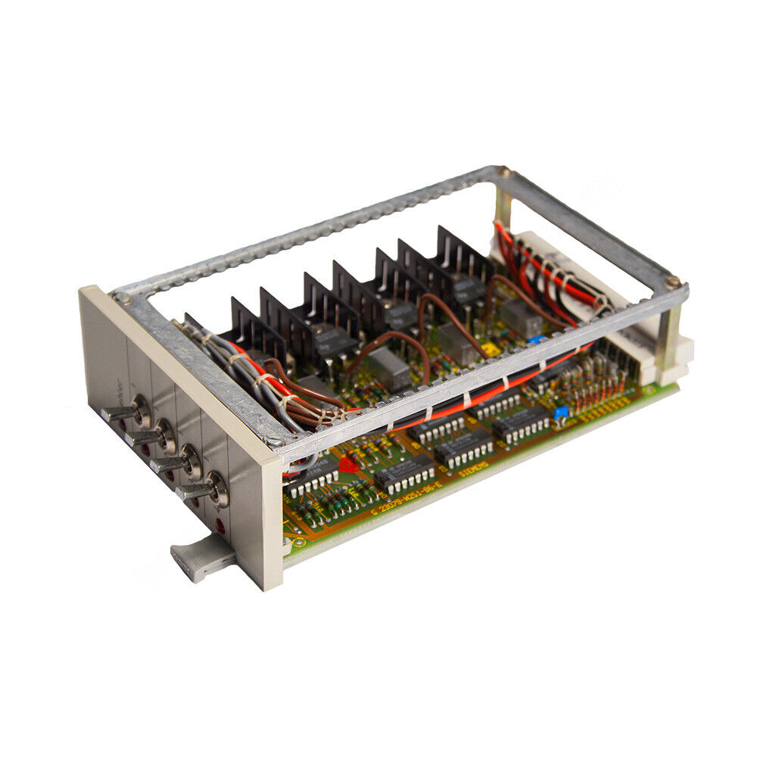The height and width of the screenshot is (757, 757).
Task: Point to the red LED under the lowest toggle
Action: (x=220, y=524)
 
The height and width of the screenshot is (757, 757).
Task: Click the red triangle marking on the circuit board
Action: (x=348, y=465)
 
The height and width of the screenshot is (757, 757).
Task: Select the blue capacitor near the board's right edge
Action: (x=560, y=413)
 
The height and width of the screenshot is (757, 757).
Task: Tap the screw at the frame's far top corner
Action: (x=497, y=173)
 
